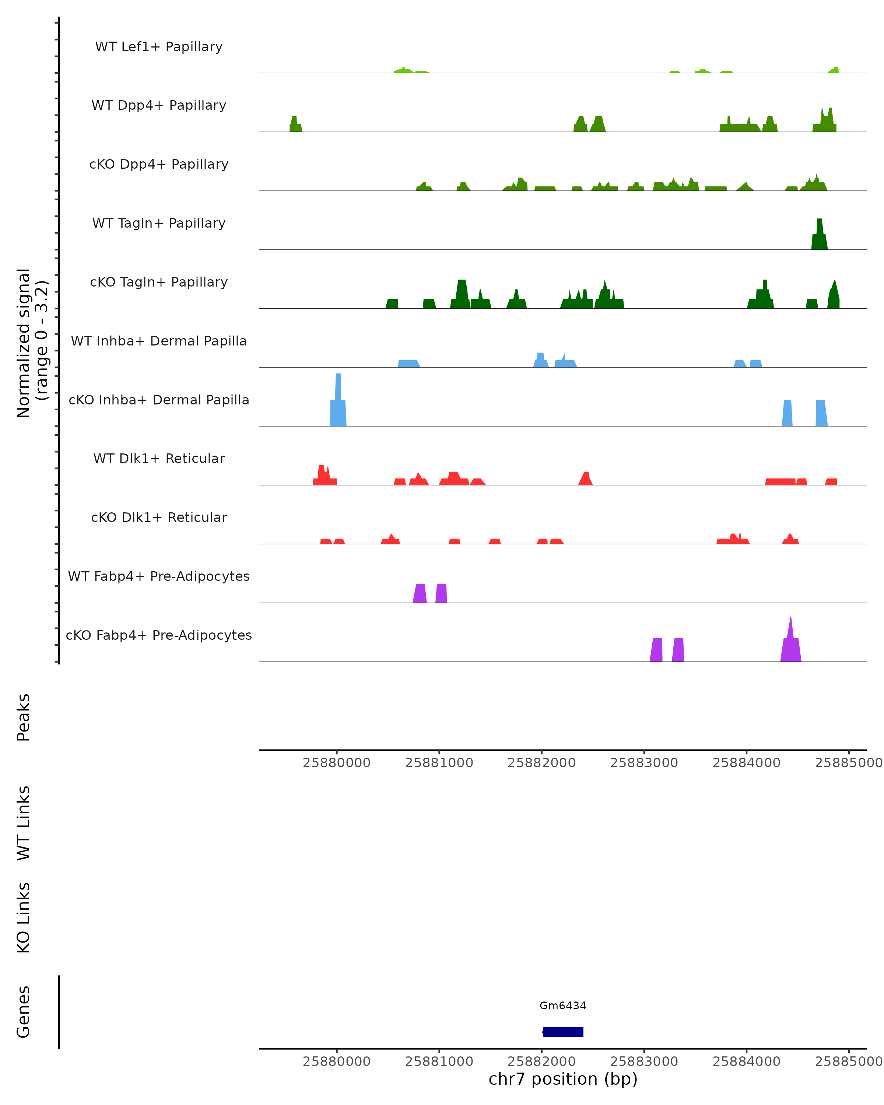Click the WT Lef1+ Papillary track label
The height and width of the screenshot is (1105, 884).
click(159, 47)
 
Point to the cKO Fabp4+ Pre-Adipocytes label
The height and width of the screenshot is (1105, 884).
click(159, 635)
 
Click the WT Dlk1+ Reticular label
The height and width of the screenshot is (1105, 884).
click(159, 458)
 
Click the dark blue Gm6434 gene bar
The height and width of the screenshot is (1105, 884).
click(563, 1032)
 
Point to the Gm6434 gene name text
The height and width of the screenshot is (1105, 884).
click(563, 1006)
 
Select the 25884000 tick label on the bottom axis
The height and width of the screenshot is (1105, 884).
click(746, 1062)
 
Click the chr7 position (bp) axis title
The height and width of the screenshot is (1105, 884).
click(563, 1079)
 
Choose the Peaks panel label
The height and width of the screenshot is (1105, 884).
click(24, 717)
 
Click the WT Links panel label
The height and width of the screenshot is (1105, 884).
click(24, 822)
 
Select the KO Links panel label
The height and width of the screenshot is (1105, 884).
click(24, 918)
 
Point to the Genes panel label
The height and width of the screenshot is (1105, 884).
click(24, 1012)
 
